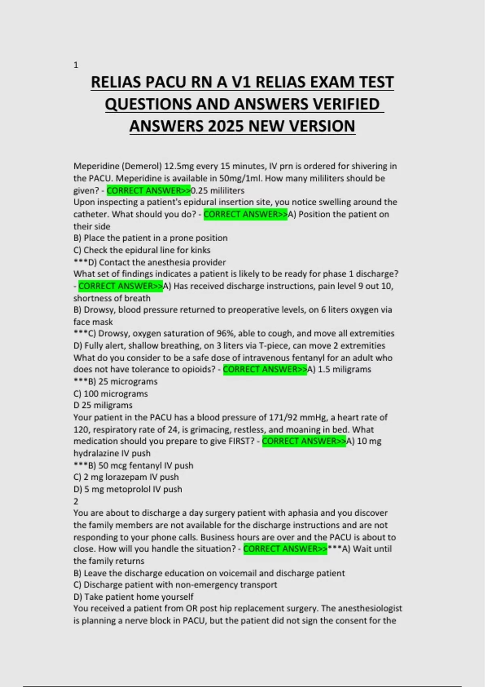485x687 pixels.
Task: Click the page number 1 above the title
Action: [x=76, y=65]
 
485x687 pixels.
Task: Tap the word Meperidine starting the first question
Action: [x=96, y=166]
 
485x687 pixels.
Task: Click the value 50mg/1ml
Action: [x=234, y=178]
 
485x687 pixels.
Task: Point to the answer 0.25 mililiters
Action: [x=217, y=190]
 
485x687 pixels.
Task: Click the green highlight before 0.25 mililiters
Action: [x=148, y=190]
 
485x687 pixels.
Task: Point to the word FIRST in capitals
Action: [x=242, y=441]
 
